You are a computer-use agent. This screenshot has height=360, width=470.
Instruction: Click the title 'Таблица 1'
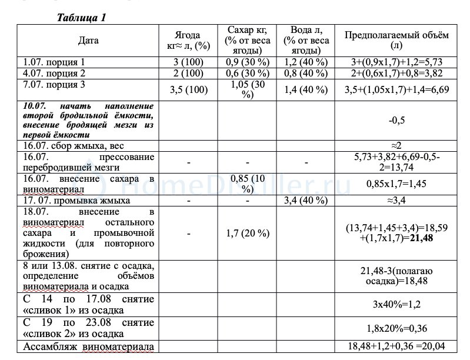click(81, 17)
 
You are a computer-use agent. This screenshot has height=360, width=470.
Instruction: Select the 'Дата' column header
click(88, 41)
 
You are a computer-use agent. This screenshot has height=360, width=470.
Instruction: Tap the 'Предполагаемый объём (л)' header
click(396, 40)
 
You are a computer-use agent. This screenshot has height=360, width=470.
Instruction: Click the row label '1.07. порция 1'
click(54, 61)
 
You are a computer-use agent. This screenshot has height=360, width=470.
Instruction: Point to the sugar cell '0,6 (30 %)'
click(247, 73)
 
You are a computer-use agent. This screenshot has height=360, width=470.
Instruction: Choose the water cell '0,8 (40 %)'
click(305, 73)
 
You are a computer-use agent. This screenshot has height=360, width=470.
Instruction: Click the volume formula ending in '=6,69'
click(396, 89)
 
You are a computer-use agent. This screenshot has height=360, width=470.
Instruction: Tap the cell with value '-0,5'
click(396, 120)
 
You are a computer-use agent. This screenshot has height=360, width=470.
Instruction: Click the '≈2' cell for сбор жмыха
click(396, 145)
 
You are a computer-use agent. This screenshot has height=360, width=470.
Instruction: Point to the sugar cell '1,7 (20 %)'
click(247, 233)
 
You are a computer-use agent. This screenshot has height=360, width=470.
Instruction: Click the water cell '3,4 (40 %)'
click(305, 201)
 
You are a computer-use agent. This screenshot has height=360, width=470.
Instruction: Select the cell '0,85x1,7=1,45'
click(396, 184)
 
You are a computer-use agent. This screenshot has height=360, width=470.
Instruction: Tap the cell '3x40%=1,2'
click(396, 305)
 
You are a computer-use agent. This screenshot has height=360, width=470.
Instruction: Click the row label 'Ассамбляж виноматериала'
click(88, 346)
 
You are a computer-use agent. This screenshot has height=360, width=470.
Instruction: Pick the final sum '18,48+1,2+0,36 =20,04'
click(396, 346)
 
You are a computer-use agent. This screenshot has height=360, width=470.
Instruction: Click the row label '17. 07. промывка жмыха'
click(76, 201)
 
